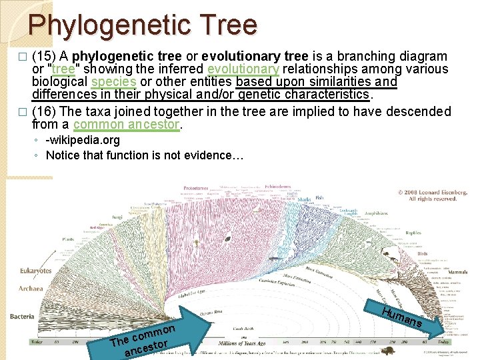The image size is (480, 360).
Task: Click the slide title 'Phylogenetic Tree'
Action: (x=142, y=25)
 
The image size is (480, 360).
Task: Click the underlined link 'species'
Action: (x=113, y=81)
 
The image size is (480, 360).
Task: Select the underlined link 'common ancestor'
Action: (x=127, y=124)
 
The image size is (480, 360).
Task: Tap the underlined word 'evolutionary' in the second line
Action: (x=243, y=69)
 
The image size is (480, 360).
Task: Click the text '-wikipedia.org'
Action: (x=83, y=140)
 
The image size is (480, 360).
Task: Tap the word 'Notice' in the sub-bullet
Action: (x=62, y=155)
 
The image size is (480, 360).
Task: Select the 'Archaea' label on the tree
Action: (x=31, y=289)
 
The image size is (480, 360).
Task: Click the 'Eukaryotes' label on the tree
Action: (x=35, y=271)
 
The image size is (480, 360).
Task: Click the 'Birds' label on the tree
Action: (x=422, y=254)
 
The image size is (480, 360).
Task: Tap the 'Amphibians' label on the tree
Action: (x=377, y=214)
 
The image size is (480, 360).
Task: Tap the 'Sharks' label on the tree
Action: (x=304, y=199)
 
